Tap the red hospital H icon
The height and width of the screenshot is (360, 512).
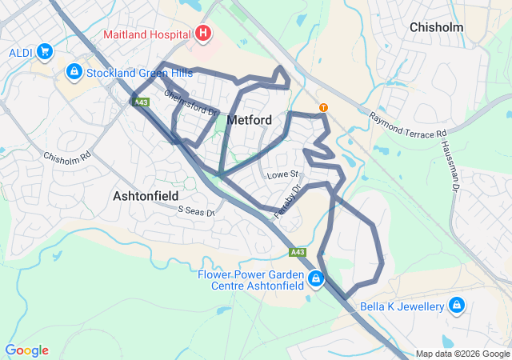[x=203, y=34]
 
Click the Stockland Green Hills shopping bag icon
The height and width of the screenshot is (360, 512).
[x=74, y=72]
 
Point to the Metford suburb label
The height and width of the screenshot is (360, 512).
[x=250, y=120]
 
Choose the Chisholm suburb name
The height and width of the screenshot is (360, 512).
[x=438, y=27]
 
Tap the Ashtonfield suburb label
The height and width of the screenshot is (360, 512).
[x=146, y=195]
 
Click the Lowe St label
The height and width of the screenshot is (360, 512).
[x=282, y=174]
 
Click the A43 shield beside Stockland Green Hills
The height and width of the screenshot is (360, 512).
[x=142, y=102]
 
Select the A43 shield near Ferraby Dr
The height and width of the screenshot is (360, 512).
[x=298, y=252]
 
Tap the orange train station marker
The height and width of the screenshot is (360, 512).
[x=323, y=107]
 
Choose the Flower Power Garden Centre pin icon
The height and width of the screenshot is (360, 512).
[x=316, y=279]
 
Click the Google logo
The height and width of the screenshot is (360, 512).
[x=26, y=350]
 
